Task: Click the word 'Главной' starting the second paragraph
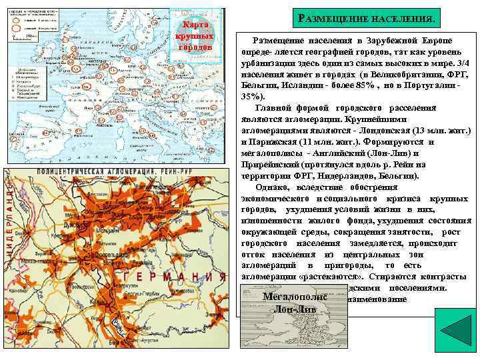click(273, 108)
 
